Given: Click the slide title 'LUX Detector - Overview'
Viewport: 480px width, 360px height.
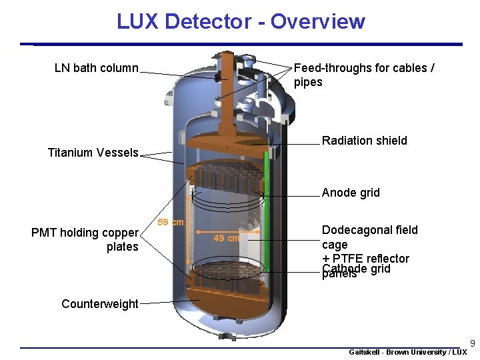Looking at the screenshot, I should pos(241,21).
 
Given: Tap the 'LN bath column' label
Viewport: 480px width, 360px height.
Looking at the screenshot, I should pos(97,68).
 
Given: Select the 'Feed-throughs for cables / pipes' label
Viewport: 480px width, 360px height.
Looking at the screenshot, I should pos(364,75).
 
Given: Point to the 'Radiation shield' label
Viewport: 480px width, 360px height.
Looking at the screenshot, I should pos(364,141).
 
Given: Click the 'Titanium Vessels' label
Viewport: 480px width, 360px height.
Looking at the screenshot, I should pos(93,153).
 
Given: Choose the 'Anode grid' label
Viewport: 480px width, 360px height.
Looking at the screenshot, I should pos(351,193).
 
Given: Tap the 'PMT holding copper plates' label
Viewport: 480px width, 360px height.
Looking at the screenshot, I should pos(85,239).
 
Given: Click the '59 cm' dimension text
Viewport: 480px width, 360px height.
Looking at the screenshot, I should pos(170,222).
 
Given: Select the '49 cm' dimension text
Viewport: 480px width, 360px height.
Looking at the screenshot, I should pos(226,238).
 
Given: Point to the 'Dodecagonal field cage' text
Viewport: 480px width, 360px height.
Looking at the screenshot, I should pos(369,237).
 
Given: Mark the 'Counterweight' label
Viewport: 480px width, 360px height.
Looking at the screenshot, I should pos(100,304).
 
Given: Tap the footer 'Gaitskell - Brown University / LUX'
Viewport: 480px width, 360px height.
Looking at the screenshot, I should pos(408,352).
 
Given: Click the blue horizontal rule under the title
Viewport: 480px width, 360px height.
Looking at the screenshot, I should pos(247,45).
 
